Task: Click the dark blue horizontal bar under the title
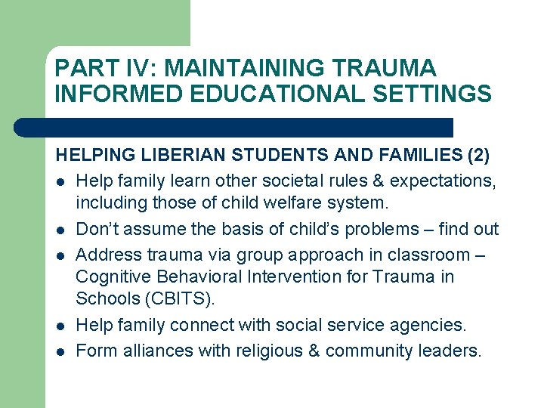coord(234,127)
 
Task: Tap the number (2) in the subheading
coord(478,156)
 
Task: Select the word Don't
coord(95,229)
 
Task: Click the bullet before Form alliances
coord(60,351)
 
